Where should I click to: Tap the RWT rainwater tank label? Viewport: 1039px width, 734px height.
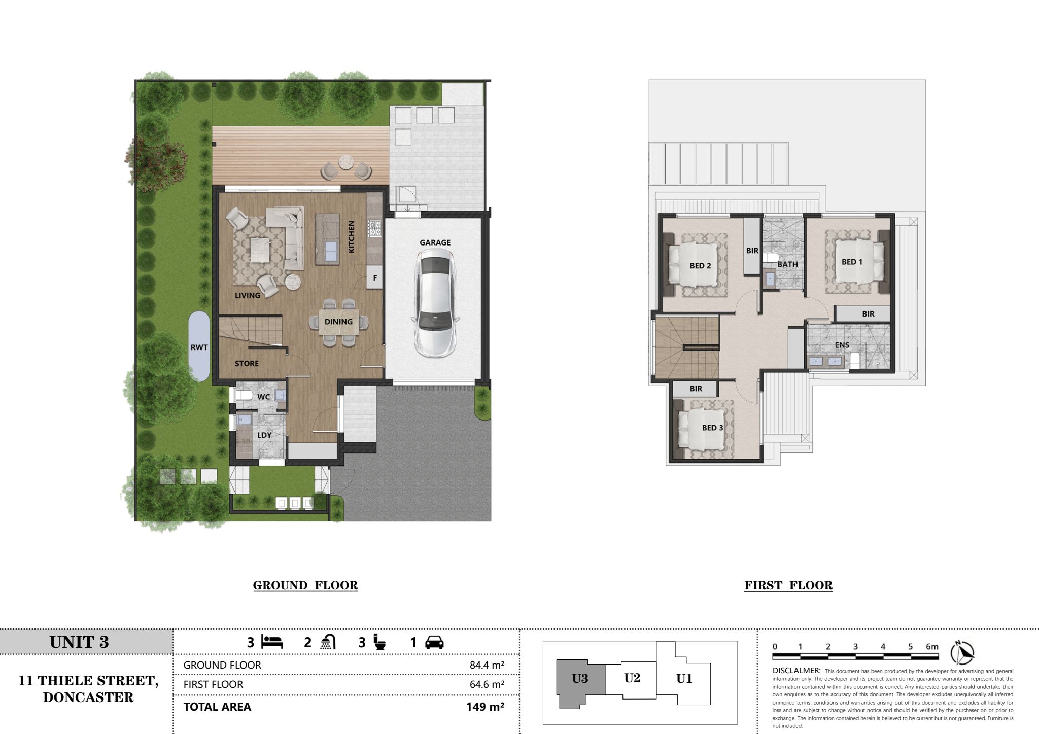point(199,347)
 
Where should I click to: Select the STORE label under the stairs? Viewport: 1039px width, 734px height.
point(247,364)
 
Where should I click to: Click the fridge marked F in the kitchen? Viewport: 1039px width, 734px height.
point(375,277)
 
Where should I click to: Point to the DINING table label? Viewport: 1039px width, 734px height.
point(338,322)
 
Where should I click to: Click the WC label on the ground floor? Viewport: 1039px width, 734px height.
point(263,397)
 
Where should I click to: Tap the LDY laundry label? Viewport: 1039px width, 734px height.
point(264,435)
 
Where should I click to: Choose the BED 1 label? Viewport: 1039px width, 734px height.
point(852,262)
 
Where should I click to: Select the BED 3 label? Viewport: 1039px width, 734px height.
point(712,428)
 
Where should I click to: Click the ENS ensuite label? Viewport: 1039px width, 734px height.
point(842,345)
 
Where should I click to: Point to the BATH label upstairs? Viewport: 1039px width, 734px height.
point(787,264)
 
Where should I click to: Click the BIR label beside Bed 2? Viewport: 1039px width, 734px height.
point(752,251)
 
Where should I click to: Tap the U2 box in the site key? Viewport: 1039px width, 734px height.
point(632,678)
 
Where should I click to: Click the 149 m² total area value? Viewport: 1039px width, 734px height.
point(485,707)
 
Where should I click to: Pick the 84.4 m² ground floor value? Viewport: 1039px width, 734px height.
point(487,665)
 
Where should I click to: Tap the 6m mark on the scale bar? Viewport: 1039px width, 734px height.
point(932,647)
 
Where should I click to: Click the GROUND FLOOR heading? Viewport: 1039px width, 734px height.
point(305,585)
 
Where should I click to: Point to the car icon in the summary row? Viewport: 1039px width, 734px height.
point(434,643)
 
